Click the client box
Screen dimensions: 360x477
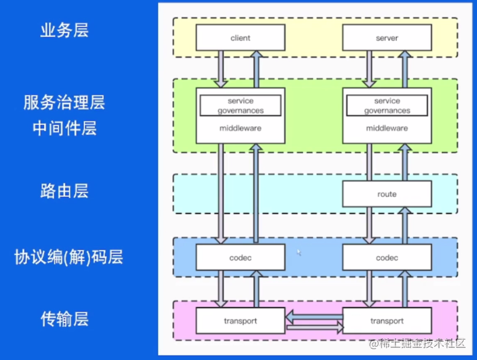pos(240,38)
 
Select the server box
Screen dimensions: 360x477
pos(386,38)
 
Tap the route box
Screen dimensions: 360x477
pos(386,194)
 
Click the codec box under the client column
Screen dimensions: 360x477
pos(240,258)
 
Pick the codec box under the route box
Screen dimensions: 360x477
pos(386,258)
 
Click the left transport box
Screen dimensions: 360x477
pos(240,321)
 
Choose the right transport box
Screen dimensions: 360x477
pos(386,321)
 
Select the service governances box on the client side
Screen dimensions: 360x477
pos(240,106)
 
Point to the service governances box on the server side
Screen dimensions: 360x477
pos(386,106)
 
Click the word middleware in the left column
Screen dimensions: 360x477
pos(240,128)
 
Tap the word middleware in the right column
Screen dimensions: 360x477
pos(386,128)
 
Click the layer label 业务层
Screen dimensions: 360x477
pos(64,31)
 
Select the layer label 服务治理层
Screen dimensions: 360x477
pos(64,102)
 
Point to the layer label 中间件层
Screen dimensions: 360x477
pos(64,128)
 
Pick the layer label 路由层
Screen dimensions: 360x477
pos(64,191)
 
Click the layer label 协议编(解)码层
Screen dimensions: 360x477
pos(68,257)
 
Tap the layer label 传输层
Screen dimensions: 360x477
pos(64,318)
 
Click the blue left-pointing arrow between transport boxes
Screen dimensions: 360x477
pos(313,315)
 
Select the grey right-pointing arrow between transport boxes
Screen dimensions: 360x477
pos(313,327)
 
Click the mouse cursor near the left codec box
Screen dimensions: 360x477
pos(299,252)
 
